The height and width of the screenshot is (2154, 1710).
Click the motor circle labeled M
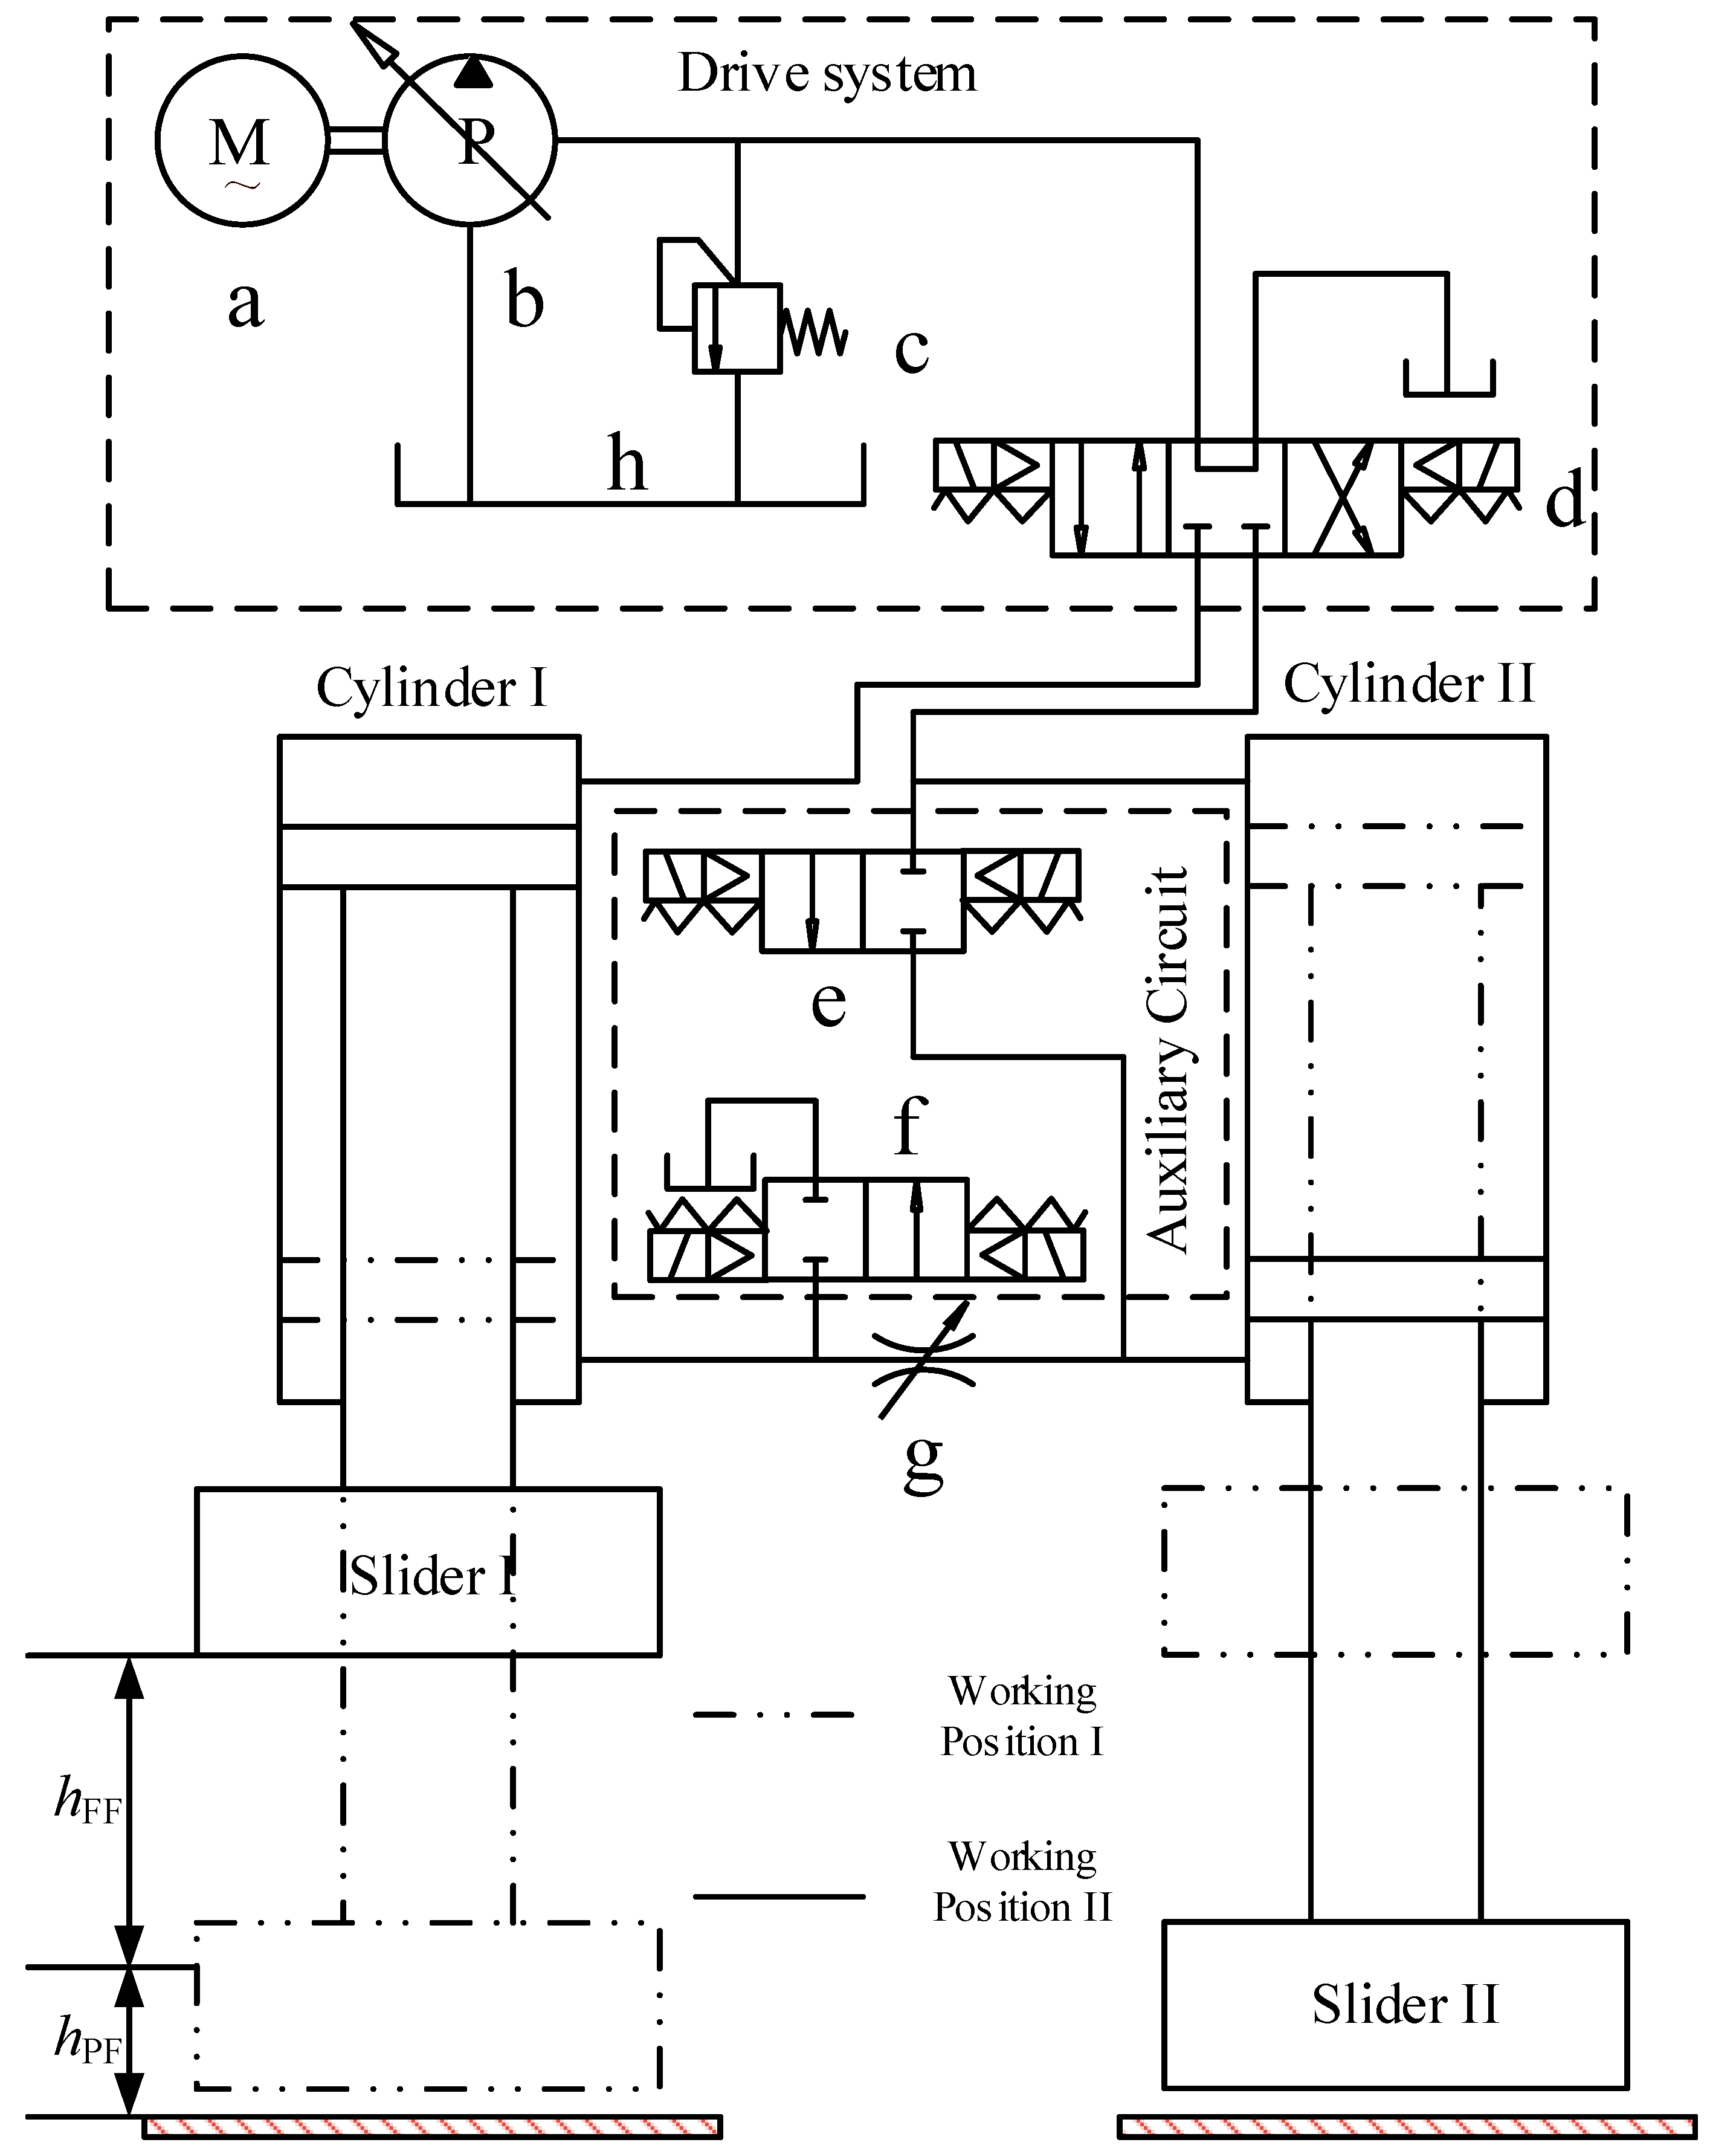click(x=240, y=141)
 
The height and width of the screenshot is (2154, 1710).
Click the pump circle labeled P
click(x=469, y=141)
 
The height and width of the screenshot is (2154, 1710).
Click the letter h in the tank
click(x=626, y=465)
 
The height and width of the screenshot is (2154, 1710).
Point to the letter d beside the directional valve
click(x=1564, y=500)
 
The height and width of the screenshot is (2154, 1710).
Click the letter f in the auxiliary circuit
click(x=909, y=1126)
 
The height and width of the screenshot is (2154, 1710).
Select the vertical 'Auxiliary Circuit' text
click(x=1167, y=1059)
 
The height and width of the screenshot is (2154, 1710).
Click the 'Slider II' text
click(x=1404, y=2004)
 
